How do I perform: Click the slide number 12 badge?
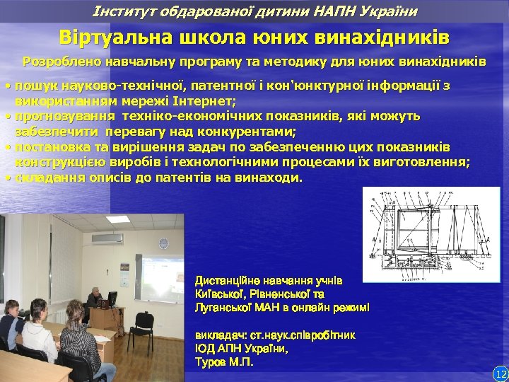pos(501,373)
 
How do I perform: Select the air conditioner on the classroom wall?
pos(107,240)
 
